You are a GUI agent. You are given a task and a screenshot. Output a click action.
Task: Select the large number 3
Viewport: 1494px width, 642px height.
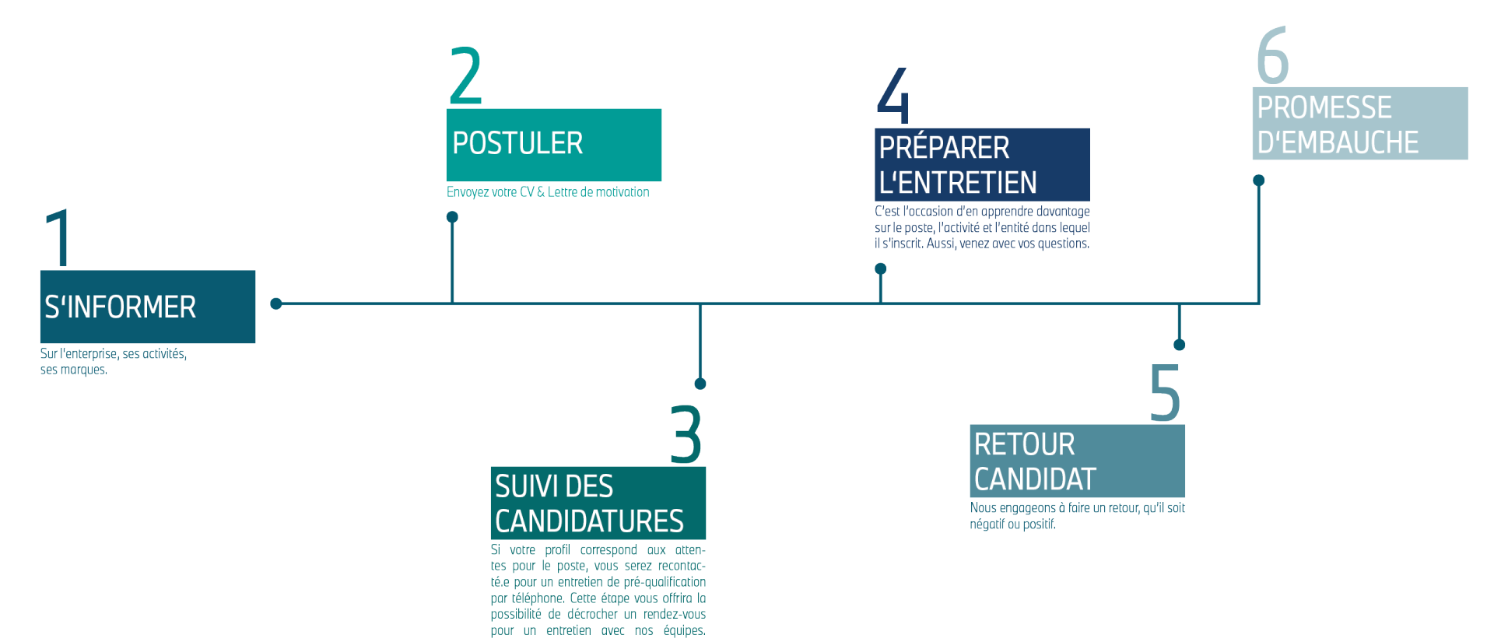click(x=686, y=434)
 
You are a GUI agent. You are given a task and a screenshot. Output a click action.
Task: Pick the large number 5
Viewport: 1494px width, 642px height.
click(x=1165, y=392)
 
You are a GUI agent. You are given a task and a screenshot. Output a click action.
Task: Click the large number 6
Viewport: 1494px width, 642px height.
click(x=1272, y=54)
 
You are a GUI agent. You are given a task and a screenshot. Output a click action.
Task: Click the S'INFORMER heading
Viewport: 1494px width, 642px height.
click(x=120, y=307)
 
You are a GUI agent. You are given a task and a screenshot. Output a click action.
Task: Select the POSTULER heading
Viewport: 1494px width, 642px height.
click(x=517, y=143)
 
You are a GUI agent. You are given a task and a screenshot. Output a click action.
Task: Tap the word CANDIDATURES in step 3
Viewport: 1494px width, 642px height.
click(x=589, y=521)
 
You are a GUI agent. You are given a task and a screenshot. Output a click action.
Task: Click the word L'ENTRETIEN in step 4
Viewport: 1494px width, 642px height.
click(x=958, y=183)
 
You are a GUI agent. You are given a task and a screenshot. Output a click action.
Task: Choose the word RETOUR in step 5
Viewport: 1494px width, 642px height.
click(x=1024, y=444)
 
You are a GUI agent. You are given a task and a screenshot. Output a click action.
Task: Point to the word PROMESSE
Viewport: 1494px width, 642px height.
click(x=1324, y=107)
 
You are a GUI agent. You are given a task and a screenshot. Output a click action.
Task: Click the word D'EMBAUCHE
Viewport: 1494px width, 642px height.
click(x=1338, y=142)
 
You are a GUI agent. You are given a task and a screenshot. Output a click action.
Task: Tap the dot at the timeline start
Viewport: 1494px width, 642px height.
click(x=276, y=303)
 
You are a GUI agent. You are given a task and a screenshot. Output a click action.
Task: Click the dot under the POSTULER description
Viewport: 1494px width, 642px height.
click(x=452, y=217)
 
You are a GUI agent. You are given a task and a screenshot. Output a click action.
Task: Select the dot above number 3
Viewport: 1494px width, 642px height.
click(x=700, y=384)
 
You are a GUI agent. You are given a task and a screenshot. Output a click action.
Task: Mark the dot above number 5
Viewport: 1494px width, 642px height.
click(x=1180, y=345)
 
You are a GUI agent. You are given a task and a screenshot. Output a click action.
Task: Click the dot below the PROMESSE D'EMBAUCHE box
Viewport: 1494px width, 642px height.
click(x=1259, y=181)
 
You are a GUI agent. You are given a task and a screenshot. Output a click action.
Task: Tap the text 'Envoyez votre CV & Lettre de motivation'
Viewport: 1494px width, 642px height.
click(x=548, y=192)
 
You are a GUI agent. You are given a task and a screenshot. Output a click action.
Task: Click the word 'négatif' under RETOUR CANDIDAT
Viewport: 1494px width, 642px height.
click(x=987, y=524)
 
